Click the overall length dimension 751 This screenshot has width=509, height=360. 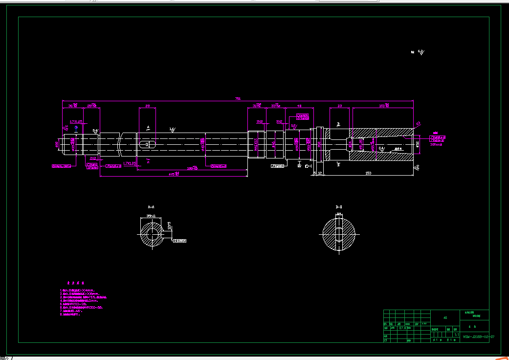click(238, 99)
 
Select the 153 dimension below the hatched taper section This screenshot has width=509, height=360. click(368, 173)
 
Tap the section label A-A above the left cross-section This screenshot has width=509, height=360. click(152, 207)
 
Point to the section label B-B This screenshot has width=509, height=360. click(338, 207)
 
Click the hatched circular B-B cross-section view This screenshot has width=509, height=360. click(338, 233)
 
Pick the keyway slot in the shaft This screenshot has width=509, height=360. click(147, 144)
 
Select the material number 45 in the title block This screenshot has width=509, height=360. click(445, 318)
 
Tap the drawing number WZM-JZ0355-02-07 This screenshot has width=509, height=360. click(474, 337)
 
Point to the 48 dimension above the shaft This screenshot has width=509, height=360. click(299, 106)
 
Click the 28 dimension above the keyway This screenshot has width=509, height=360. click(147, 106)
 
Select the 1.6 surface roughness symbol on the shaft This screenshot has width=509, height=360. click(172, 130)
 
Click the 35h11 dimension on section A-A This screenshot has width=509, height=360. click(152, 215)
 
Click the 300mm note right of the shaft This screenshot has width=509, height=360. click(435, 144)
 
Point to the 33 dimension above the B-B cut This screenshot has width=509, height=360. click(340, 106)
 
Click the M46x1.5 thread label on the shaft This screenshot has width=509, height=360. click(256, 144)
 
